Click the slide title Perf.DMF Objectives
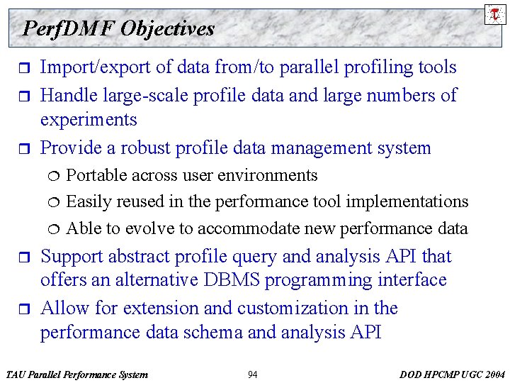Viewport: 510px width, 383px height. coord(118,28)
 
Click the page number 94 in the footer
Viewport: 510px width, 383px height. coord(253,374)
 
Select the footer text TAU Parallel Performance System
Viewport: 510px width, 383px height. coord(76,374)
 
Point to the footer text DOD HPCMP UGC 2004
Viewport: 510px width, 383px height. coord(451,374)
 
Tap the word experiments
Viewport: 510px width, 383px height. coord(89,120)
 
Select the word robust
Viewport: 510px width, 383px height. coord(147,148)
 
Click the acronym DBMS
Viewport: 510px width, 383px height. coord(228,280)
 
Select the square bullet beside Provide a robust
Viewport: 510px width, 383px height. coord(20,149)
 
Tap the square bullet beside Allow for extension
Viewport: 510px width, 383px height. coord(20,309)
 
